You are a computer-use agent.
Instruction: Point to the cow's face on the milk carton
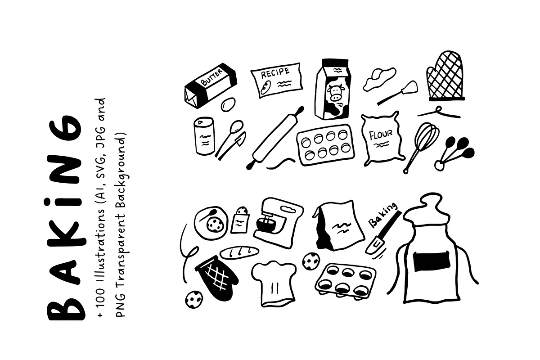[335, 93]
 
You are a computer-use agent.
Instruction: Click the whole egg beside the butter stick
[228, 104]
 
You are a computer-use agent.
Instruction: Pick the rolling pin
[275, 138]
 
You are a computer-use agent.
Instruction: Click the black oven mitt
[216, 278]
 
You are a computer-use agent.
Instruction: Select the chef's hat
[274, 283]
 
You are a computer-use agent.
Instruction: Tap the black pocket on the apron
[432, 261]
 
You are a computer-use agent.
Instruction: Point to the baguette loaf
[239, 252]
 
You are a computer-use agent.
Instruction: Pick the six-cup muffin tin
[345, 281]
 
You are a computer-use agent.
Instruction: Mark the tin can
[204, 136]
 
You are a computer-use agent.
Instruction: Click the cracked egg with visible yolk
[379, 79]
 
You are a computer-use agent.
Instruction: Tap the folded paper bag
[338, 225]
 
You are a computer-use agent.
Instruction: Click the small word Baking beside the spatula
[382, 215]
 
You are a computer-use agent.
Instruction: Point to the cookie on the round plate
[214, 225]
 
